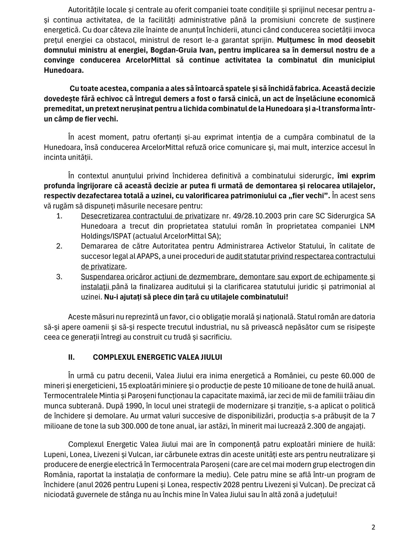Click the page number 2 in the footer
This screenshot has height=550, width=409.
[x=373, y=527]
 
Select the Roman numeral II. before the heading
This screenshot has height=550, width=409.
[x=71, y=357]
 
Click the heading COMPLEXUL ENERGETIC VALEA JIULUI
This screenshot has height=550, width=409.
[x=157, y=357]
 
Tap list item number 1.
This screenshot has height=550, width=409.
[x=59, y=216]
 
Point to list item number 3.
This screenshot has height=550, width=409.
[x=59, y=277]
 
